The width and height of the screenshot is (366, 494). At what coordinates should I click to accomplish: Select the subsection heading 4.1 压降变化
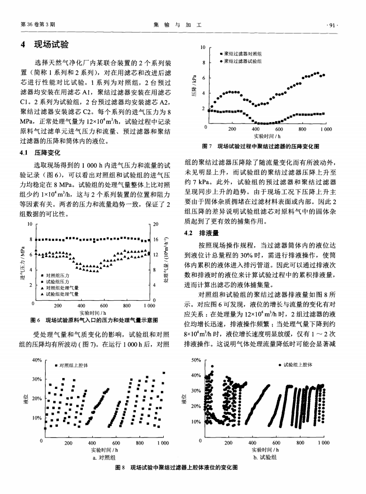[41, 153]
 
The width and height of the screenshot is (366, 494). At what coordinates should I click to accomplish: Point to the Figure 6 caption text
[94, 320]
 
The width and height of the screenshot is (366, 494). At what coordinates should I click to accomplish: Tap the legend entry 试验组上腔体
[300, 365]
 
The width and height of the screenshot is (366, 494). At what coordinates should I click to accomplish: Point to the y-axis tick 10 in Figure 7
[202, 48]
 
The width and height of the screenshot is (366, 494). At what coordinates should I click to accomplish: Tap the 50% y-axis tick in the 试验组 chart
[197, 361]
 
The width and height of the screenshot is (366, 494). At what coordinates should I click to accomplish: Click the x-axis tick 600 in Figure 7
[279, 129]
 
